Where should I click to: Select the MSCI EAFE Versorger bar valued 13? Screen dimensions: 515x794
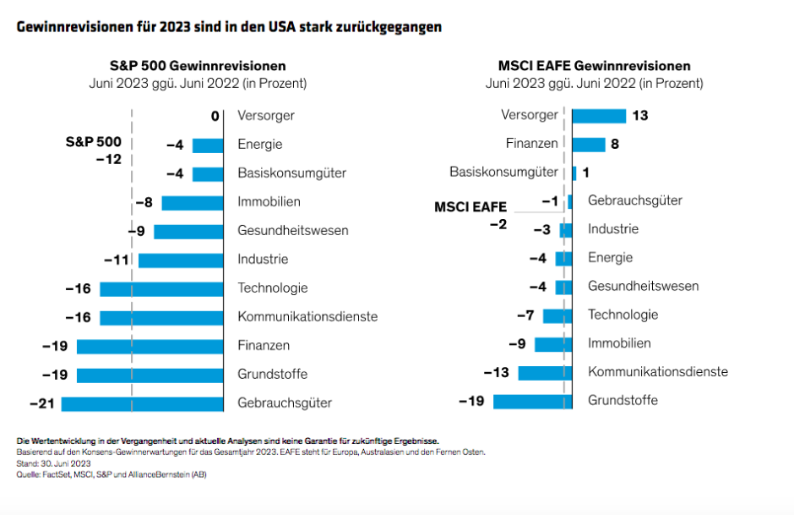(599, 116)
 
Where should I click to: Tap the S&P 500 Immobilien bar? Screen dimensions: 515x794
(193, 202)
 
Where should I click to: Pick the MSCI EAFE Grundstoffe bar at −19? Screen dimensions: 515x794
(532, 400)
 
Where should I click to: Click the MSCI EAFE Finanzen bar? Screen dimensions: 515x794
(589, 145)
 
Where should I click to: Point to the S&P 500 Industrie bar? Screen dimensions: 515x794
(181, 260)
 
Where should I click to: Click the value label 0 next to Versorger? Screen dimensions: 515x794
(215, 116)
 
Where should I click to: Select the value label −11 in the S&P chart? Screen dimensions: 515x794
(116, 260)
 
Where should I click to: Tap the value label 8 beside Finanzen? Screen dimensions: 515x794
(615, 145)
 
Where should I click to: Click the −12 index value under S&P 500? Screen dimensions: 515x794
(107, 159)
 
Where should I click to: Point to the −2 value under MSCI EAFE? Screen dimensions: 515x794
(498, 223)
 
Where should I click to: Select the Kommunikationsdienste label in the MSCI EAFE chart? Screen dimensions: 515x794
(657, 371)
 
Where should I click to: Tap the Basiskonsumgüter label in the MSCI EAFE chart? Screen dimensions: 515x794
(503, 173)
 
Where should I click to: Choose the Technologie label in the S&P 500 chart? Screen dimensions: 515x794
(272, 288)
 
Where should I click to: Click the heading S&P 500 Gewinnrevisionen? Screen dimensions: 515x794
(198, 66)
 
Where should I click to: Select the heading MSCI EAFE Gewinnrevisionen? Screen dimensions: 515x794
(594, 66)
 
